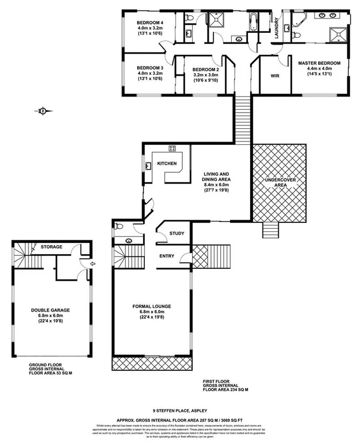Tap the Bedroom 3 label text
149,67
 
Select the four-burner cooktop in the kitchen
172,148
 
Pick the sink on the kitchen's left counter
149,166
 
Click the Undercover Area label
279,182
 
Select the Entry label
167,256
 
